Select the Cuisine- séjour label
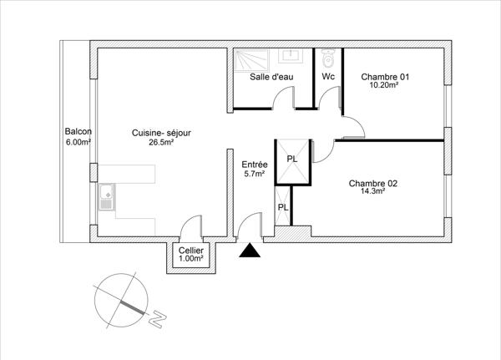[161, 133]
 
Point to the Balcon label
[78, 132]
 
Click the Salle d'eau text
[271, 77]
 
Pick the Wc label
[328, 77]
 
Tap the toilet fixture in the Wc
[328, 58]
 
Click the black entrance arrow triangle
[249, 251]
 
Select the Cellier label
[190, 251]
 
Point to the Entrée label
[254, 165]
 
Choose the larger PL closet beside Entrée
[292, 160]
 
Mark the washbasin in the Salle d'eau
[293, 56]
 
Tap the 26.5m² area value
[161, 142]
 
